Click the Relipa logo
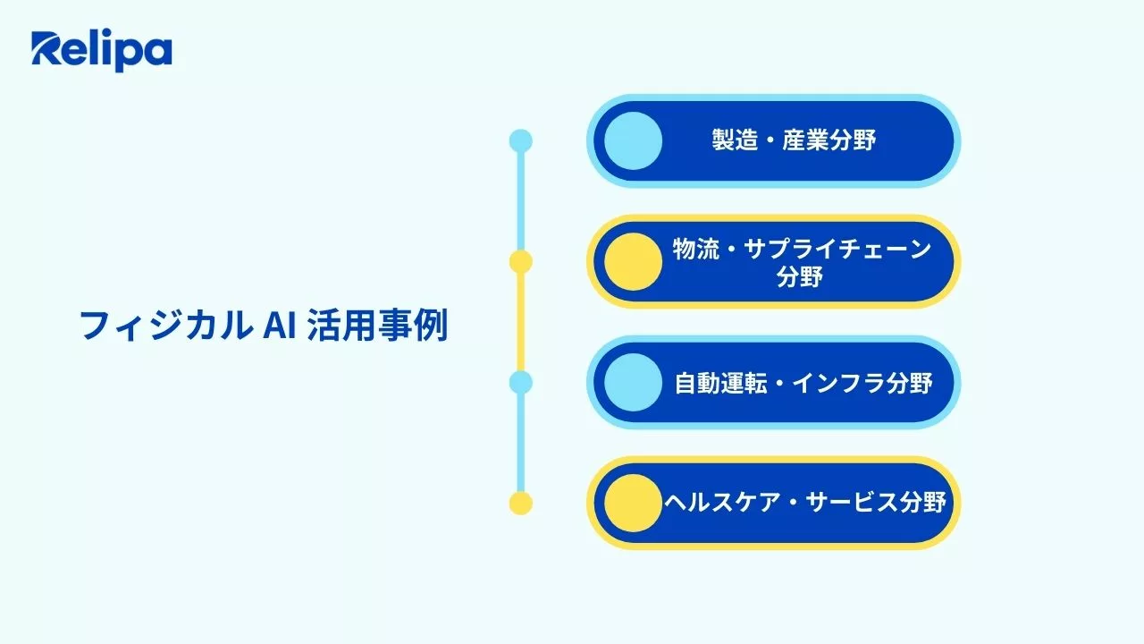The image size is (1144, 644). [101, 51]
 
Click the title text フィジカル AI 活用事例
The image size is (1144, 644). [264, 326]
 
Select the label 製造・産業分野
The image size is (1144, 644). [794, 140]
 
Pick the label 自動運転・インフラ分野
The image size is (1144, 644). [803, 383]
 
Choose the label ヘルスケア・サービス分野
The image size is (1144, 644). [803, 503]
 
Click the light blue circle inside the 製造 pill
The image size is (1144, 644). [633, 141]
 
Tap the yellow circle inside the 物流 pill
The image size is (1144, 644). [633, 261]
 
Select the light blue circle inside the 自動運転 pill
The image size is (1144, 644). [633, 382]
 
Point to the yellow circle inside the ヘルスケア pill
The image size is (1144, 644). [633, 503]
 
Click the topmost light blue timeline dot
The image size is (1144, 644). [520, 140]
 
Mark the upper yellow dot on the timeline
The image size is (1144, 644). [520, 261]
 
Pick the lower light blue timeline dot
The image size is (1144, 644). [520, 382]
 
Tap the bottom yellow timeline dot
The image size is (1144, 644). [520, 503]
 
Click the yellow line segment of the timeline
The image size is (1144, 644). [520, 322]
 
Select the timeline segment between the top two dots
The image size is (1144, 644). [520, 201]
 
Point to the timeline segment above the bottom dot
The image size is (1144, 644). [520, 443]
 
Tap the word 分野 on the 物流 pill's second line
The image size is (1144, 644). [800, 277]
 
